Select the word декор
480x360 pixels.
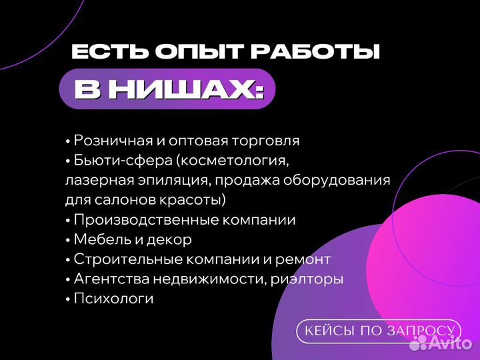(x=171, y=240)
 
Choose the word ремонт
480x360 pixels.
(x=304, y=259)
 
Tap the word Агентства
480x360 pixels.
(x=110, y=279)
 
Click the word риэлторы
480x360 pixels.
(x=307, y=279)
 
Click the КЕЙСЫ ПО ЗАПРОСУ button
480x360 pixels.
(x=379, y=331)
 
